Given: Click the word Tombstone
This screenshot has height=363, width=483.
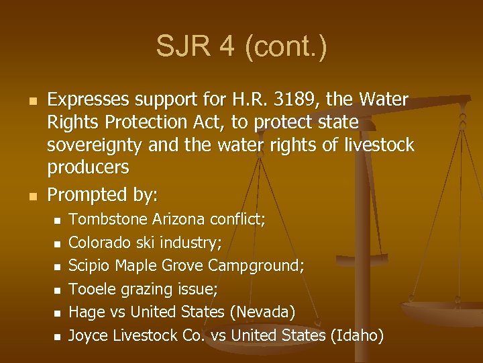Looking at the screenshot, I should (x=109, y=219).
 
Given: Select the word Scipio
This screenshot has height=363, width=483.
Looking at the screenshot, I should (x=90, y=266).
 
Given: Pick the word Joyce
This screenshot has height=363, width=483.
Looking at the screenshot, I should (x=89, y=335).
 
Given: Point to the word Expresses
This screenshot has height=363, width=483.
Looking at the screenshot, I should (x=89, y=100).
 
